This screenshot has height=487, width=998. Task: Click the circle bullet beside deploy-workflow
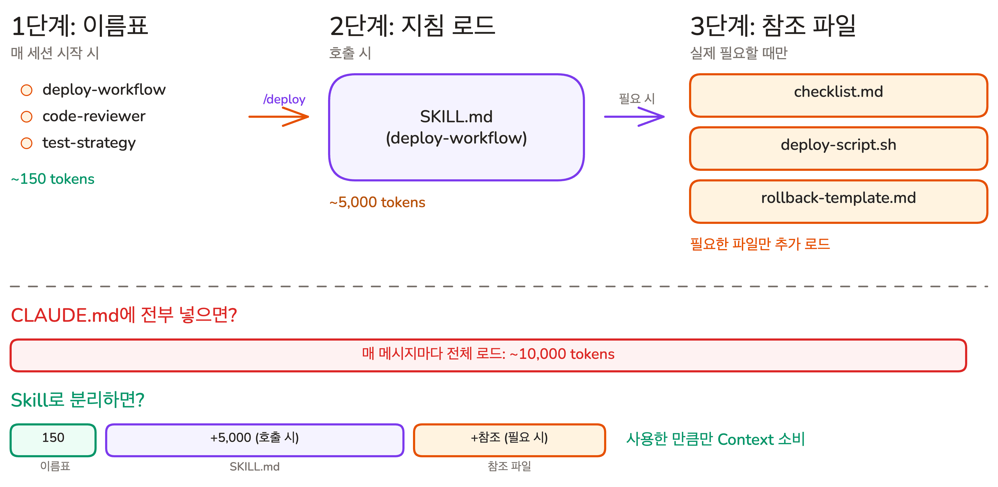[26, 90]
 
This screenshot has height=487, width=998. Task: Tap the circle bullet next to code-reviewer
[26, 116]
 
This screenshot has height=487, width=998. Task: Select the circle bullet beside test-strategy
[26, 143]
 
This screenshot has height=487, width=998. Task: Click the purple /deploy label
[284, 99]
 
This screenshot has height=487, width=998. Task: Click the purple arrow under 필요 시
[634, 116]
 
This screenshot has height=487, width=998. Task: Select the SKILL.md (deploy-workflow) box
[456, 127]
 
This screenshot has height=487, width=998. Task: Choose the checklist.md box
[838, 95]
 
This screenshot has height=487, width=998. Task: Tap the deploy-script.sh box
[838, 148]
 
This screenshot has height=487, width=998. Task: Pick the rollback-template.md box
[838, 201]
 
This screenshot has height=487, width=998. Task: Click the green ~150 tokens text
[53, 179]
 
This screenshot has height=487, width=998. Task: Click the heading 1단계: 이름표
[80, 26]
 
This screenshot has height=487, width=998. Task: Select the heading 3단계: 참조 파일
[773, 26]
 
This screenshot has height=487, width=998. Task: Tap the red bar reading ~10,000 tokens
[488, 355]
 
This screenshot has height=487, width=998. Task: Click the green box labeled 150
[53, 440]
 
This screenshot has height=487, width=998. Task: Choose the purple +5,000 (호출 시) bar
[255, 440]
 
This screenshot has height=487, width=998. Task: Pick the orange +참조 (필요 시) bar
[509, 440]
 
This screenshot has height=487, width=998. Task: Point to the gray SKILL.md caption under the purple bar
[255, 467]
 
